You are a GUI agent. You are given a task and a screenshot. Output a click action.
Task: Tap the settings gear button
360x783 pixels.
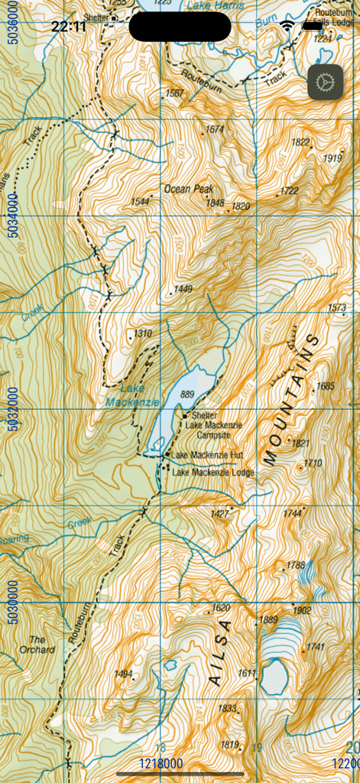(x=325, y=82)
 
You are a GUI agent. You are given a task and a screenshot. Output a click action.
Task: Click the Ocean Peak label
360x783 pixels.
(x=189, y=188)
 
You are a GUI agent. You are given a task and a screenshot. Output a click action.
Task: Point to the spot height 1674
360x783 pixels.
(x=215, y=130)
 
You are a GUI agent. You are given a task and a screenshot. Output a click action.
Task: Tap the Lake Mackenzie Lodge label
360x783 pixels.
(x=212, y=473)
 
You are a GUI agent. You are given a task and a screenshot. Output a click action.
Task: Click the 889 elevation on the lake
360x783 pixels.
(x=188, y=395)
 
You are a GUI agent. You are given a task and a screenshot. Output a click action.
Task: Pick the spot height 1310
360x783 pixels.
(x=143, y=333)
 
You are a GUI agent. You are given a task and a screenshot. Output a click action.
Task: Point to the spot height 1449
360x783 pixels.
(x=183, y=289)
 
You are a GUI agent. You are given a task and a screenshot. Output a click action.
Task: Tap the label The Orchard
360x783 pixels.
(x=42, y=645)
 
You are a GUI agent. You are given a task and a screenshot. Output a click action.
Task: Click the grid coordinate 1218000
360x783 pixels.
(x=161, y=763)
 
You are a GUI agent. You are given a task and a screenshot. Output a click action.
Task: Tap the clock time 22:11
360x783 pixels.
(x=69, y=27)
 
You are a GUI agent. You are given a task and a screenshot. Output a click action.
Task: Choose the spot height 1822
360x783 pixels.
(x=300, y=142)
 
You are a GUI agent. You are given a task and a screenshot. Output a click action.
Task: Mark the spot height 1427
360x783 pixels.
(x=220, y=514)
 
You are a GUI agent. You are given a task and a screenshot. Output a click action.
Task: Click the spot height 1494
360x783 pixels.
(x=123, y=674)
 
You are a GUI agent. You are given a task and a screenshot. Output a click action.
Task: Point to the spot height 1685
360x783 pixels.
(x=325, y=386)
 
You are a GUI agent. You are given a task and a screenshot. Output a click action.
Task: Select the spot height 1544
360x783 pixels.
(x=140, y=202)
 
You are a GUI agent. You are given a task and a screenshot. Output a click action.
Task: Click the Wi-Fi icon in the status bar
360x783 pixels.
(x=287, y=26)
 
